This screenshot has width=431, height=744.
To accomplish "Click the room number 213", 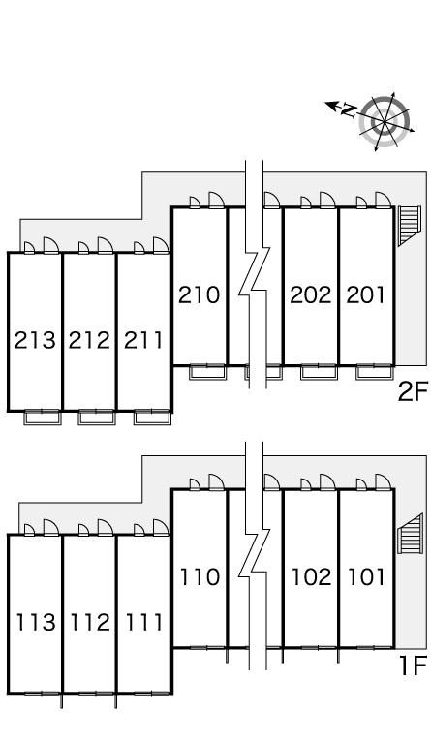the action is tap(35, 340).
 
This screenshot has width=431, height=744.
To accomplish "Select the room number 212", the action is tap(89, 340).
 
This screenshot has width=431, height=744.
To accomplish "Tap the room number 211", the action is tap(143, 340).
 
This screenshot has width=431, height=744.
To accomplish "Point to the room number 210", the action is tap(200, 294).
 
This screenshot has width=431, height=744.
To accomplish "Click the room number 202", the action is tap(311, 294).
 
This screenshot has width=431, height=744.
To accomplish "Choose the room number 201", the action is tap(365, 294).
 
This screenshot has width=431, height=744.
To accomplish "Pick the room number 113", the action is tap(36, 622).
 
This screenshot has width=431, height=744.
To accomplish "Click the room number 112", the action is tap(90, 622).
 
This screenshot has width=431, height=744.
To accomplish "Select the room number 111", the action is tap(143, 622).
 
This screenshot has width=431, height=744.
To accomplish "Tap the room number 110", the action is tap(200, 577).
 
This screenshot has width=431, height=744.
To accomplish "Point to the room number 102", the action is tap(311, 577).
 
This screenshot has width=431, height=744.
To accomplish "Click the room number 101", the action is tap(366, 577).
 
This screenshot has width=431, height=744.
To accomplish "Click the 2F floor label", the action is tap(413, 392).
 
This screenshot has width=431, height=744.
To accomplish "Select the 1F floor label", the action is tap(414, 666).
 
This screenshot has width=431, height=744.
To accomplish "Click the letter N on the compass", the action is tap(350, 110).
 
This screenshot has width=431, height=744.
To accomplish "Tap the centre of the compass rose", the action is tap(384, 122).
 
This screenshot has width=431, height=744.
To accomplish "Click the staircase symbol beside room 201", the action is tap(409, 226).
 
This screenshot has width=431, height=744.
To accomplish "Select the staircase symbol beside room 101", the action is tap(410, 534).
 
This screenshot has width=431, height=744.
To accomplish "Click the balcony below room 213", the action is tap(43, 418).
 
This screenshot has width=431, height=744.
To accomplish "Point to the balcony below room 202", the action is tap(319, 372).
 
